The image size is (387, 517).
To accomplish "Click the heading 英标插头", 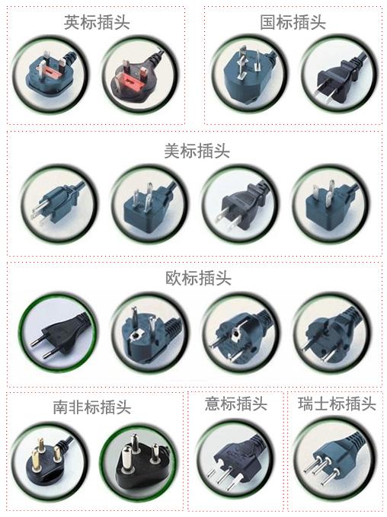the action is click(97, 22).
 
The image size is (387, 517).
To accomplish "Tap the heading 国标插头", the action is click(293, 22).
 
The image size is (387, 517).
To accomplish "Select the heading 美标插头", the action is click(197, 151).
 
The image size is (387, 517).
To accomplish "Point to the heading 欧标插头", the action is click(198, 278).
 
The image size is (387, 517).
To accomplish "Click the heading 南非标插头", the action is click(92, 407).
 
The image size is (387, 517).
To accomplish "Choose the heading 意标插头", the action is click(236, 404).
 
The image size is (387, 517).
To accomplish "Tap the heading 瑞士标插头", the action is click(337, 404).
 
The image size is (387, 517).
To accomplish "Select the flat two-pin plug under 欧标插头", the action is click(60, 333).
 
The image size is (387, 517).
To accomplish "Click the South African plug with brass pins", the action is click(49, 461).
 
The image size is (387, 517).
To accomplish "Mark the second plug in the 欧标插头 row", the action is click(150, 333).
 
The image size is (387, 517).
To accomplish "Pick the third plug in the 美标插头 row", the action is click(240, 204).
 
